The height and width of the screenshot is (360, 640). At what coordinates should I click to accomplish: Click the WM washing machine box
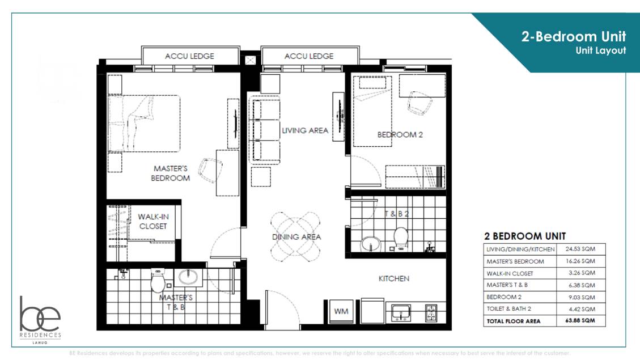pos(341,311)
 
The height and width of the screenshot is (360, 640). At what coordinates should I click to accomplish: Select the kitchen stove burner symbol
pos(431,312)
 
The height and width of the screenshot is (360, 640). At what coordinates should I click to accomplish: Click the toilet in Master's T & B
pos(158,280)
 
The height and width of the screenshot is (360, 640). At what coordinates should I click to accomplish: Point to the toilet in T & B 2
pos(401,238)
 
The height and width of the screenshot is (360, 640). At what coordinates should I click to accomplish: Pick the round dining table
pos(296,236)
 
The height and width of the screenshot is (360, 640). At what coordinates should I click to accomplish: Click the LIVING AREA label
pos(305,130)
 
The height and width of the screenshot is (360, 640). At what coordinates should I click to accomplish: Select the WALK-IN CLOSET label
pos(153,221)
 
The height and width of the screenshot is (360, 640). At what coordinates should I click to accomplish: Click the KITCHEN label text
pos(394,278)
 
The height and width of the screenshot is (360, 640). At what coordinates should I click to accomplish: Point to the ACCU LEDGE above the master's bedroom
pos(189,56)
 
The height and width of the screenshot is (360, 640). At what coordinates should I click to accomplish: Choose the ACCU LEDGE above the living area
pos(309,56)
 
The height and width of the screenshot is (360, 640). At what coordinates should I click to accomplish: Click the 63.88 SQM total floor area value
pos(580,321)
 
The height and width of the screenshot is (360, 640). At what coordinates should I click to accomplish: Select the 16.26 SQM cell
pos(580,261)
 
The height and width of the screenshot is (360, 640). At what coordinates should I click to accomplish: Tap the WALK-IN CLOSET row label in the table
pos(510,273)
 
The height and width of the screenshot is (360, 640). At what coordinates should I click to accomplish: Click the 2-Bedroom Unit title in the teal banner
pos(574,37)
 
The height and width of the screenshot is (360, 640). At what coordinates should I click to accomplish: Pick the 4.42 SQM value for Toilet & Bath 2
pos(580,309)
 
